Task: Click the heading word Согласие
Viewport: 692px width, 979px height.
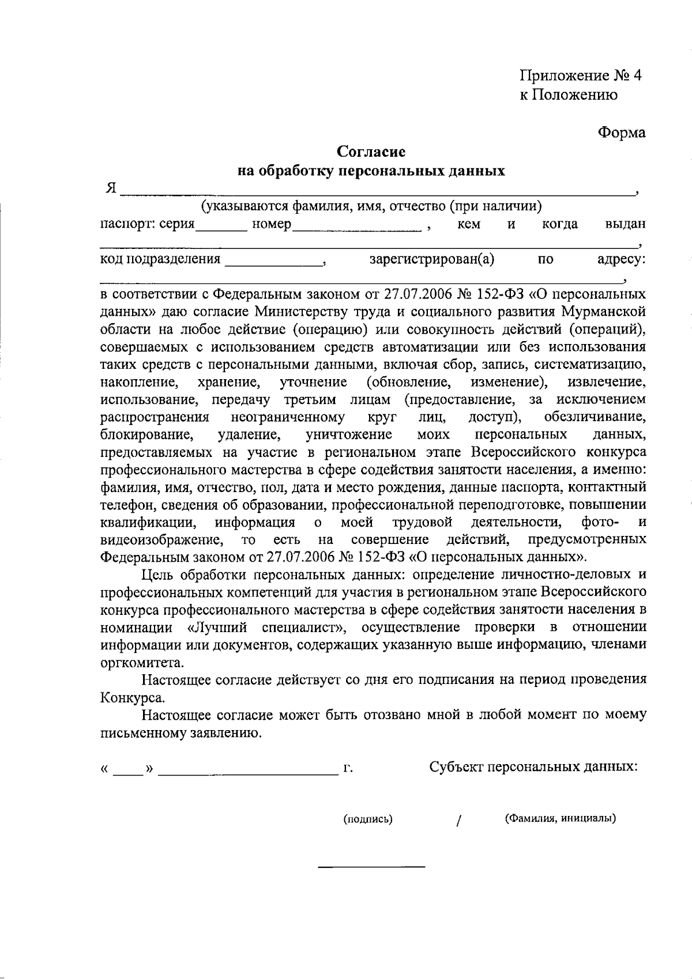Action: (x=371, y=152)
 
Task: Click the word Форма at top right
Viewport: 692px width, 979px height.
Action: (x=622, y=133)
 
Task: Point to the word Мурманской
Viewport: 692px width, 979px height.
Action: (x=608, y=312)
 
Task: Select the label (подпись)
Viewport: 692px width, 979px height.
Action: (x=368, y=819)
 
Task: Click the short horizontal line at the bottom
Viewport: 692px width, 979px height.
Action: (x=372, y=867)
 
